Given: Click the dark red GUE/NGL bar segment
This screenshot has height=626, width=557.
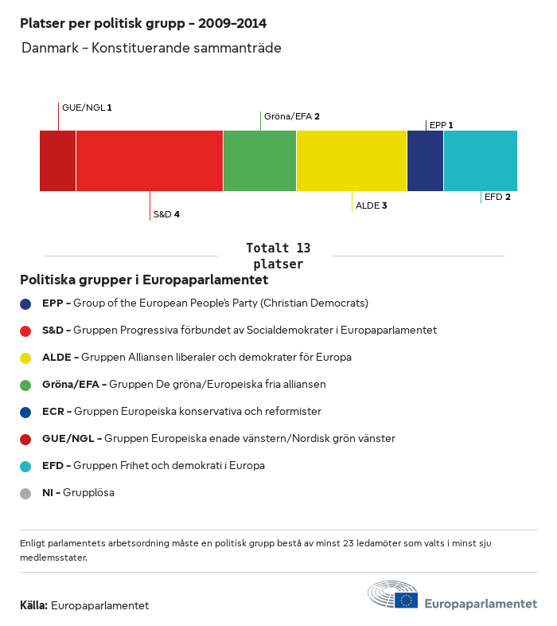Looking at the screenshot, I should (57, 161).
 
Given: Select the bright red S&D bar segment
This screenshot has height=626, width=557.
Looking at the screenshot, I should (150, 161).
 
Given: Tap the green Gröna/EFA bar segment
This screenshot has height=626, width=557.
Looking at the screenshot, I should (259, 161).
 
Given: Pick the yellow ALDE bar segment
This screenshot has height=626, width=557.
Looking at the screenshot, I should (352, 161).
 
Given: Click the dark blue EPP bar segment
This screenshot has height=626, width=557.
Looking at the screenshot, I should (425, 161).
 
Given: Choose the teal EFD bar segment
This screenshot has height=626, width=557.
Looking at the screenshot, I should (481, 161).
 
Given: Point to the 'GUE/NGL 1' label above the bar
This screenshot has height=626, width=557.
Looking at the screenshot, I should (87, 107).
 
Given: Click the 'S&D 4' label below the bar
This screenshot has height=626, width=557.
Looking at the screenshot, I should (166, 214).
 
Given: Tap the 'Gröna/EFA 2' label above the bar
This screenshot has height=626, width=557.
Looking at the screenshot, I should (291, 116).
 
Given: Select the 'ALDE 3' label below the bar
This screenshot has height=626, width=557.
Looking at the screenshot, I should (371, 205).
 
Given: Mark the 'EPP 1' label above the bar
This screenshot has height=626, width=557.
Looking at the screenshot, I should (441, 125).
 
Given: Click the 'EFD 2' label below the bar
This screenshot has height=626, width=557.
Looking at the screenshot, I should (497, 197).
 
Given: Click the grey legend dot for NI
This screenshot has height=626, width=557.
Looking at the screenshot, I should (25, 493).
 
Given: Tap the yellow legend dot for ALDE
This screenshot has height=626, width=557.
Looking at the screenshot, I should (25, 358).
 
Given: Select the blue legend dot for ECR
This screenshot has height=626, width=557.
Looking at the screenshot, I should (25, 412).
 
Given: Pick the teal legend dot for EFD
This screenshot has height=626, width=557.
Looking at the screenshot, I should (25, 466).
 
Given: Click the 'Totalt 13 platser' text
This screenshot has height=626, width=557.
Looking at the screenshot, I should (278, 256).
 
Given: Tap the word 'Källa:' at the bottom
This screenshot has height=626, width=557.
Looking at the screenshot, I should (33, 605).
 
